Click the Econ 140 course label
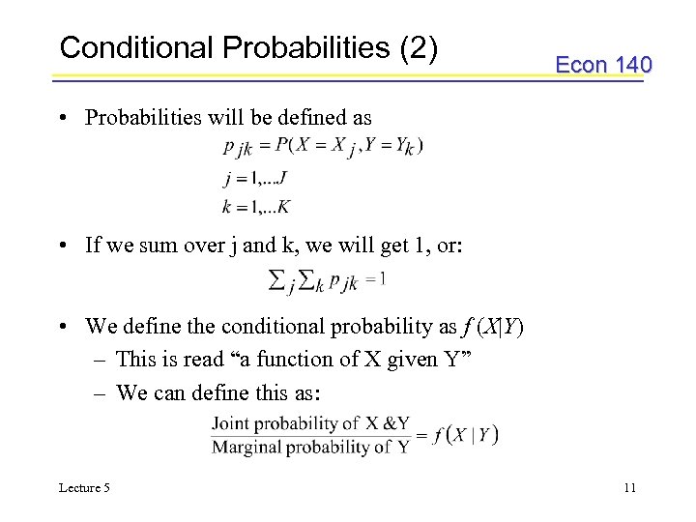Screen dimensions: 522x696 [603, 65]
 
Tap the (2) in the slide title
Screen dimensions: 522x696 [418, 47]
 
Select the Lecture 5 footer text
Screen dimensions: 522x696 [85, 488]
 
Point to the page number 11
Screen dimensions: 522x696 [629, 488]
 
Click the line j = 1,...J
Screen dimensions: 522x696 [254, 177]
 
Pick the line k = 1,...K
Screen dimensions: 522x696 [256, 206]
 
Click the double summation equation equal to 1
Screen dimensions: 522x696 [327, 280]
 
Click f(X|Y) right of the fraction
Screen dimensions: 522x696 [466, 435]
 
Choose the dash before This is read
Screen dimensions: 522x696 [101, 360]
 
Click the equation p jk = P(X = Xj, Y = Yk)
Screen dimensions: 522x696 [323, 146]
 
